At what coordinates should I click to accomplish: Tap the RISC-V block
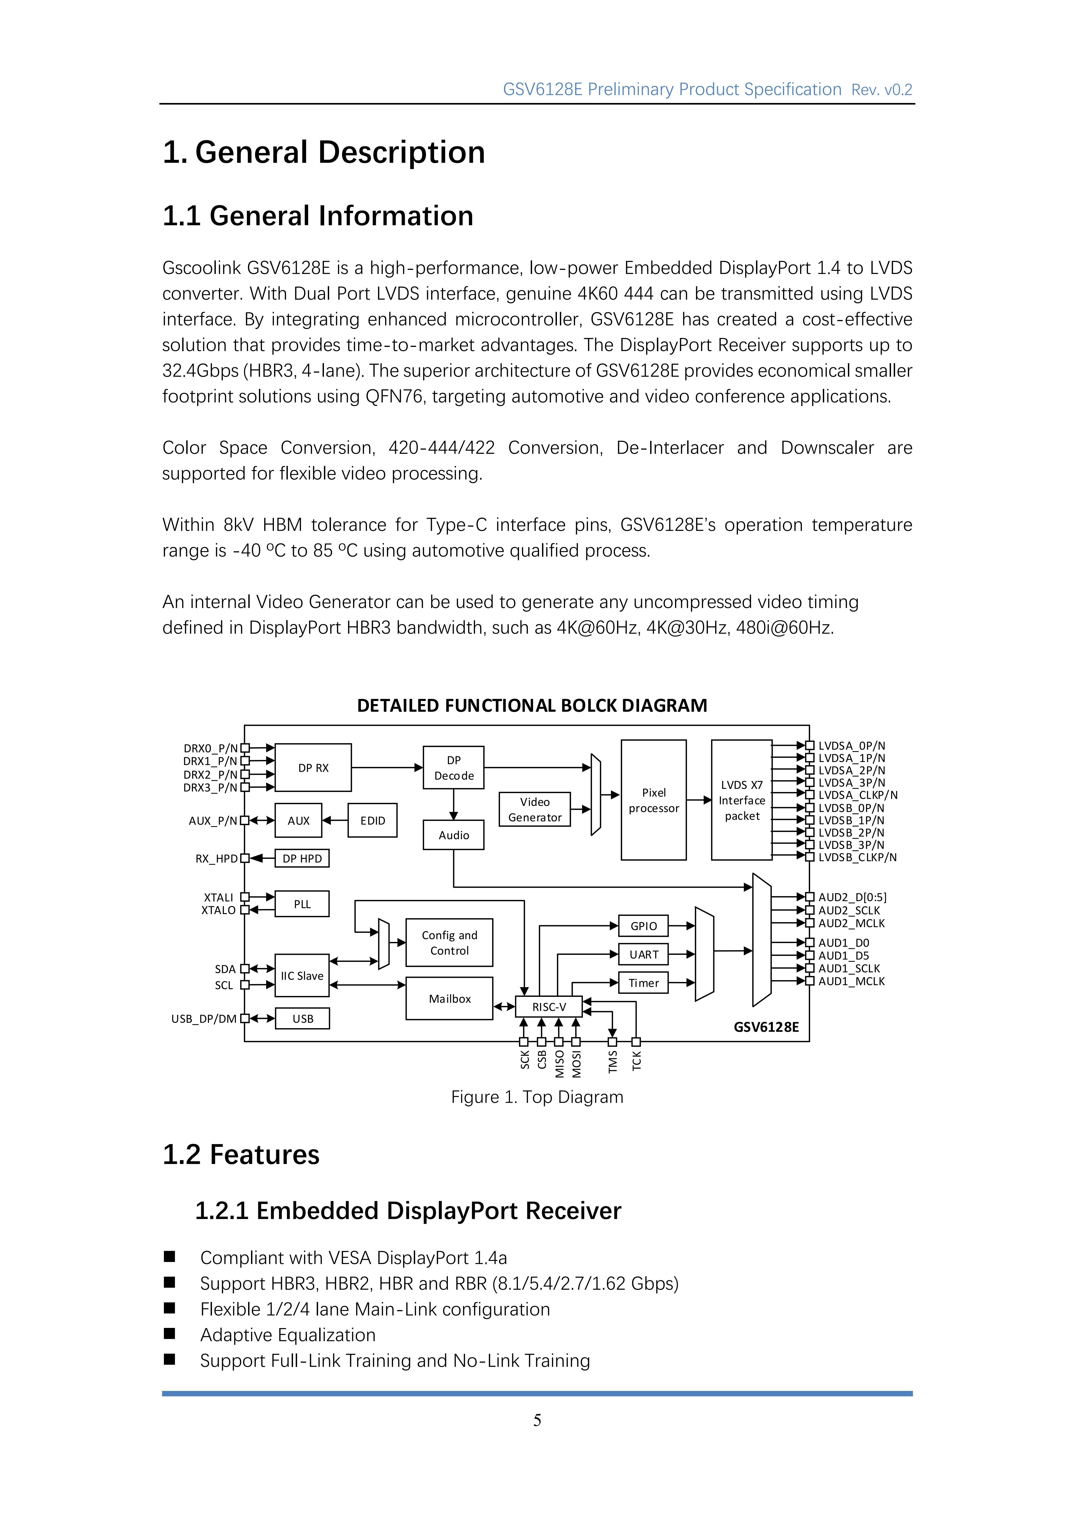click(x=549, y=1007)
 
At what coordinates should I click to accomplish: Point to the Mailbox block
click(x=449, y=998)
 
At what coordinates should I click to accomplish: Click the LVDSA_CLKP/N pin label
click(x=858, y=795)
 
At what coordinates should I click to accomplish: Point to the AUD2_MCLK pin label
click(x=851, y=923)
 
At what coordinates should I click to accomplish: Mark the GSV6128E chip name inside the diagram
click(x=766, y=1027)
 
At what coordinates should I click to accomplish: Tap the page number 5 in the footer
click(x=537, y=1420)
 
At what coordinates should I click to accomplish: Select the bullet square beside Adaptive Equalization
click(x=170, y=1334)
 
